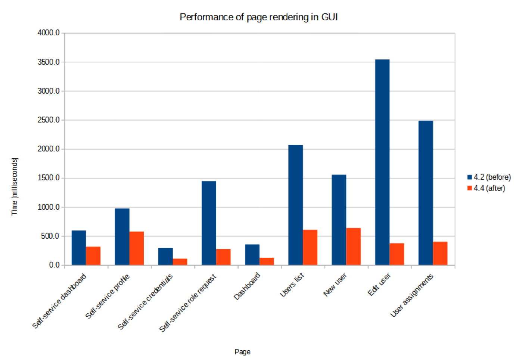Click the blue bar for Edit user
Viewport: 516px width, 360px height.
[x=382, y=162]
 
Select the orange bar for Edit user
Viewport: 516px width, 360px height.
[x=397, y=254]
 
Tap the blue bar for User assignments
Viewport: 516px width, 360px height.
[x=425, y=193]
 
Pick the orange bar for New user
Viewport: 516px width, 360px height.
[x=353, y=246]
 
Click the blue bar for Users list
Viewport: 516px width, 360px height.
[x=295, y=205]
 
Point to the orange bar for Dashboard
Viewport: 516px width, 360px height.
[x=267, y=261]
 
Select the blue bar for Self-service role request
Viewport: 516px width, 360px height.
[x=209, y=223]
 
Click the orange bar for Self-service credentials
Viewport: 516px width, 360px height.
[x=180, y=261]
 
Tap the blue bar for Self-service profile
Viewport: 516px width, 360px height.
[x=122, y=237]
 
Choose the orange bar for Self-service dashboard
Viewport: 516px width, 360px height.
[x=93, y=256]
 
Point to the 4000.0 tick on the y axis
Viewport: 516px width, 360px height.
[x=49, y=33]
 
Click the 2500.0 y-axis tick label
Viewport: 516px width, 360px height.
[x=49, y=120]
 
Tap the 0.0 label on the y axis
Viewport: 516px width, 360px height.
[x=54, y=265]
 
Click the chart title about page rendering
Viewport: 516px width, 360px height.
[x=258, y=17]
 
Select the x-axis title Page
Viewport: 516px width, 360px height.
[x=242, y=351]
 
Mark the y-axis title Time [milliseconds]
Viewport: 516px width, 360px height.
[x=15, y=186]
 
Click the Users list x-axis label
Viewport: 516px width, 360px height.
[x=292, y=285]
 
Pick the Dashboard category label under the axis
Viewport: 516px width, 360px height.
[x=247, y=286]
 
